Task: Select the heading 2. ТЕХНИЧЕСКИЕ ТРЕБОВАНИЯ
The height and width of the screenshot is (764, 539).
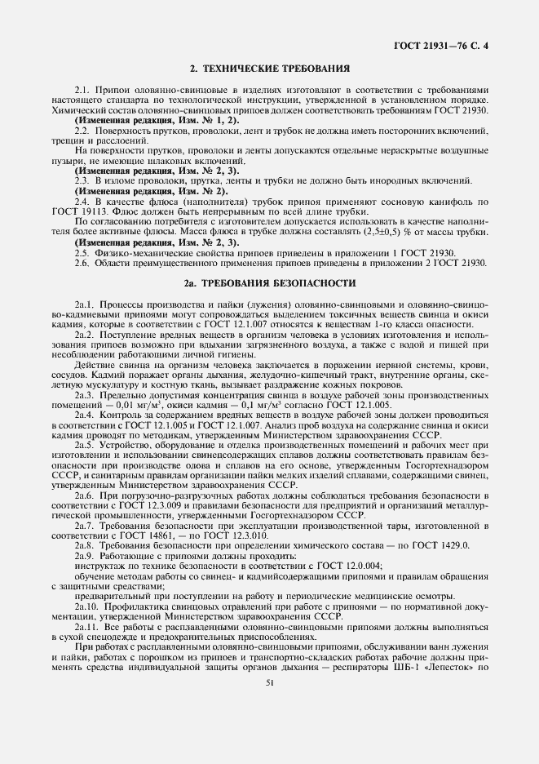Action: click(269, 69)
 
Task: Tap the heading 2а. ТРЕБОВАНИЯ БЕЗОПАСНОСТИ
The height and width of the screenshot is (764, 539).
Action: click(269, 283)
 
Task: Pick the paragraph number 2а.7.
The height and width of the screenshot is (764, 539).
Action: click(85, 525)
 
